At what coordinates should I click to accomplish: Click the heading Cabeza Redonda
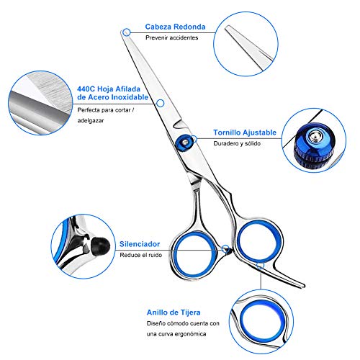click(175, 27)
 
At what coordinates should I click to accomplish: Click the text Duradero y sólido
click(237, 143)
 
